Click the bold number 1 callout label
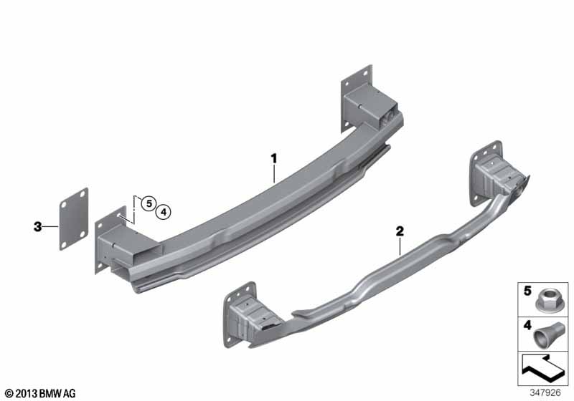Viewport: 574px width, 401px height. pyautogui.click(x=274, y=159)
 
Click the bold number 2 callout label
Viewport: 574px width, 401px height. pyautogui.click(x=400, y=231)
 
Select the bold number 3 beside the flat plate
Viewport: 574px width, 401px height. pyautogui.click(x=37, y=227)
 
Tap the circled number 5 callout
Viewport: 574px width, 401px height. pyautogui.click(x=149, y=203)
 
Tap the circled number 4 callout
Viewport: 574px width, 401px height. pyautogui.click(x=164, y=212)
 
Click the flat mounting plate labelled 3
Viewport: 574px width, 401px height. pyautogui.click(x=74, y=219)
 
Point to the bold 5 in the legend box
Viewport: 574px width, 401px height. pyautogui.click(x=527, y=291)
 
